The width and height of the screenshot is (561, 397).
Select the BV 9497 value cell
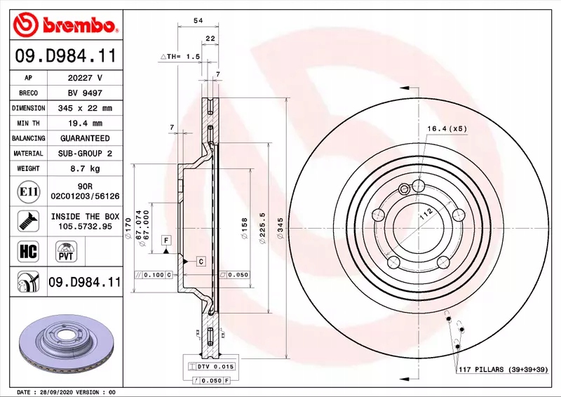coord(85,93)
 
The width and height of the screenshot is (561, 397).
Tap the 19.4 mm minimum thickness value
coord(85,123)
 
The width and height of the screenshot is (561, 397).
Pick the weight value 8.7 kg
coord(85,168)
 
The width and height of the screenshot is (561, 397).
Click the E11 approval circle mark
coord(29,191)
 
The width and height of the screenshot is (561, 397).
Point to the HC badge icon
coord(28,251)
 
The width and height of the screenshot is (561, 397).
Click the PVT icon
coord(66,251)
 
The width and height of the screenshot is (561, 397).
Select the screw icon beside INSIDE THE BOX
coord(28,221)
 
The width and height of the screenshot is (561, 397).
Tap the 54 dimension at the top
coord(198,21)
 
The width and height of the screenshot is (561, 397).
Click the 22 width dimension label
coord(210,39)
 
